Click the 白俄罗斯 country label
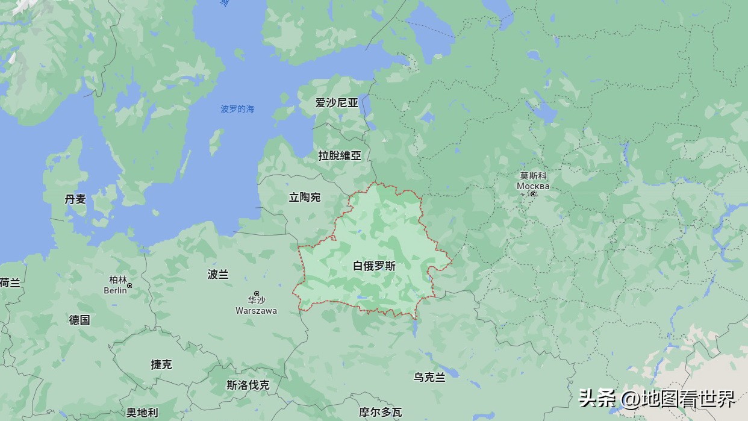point(374,266)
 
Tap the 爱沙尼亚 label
point(337,102)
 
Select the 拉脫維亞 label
point(340,155)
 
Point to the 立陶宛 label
point(305,197)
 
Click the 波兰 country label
point(218,274)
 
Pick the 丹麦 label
point(75,199)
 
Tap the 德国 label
point(79,320)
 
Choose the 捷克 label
point(161,364)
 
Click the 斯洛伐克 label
point(248,385)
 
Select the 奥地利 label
point(142,413)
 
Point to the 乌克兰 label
point(429,377)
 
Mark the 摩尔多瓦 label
point(380,412)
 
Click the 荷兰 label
point(10,282)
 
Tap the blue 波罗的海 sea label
point(237,109)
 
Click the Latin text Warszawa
point(256,311)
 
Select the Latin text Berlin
point(115,290)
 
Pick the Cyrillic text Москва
point(533,186)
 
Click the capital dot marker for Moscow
point(533,194)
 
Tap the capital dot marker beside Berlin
point(129,285)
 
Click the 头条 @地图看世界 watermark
point(656,398)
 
